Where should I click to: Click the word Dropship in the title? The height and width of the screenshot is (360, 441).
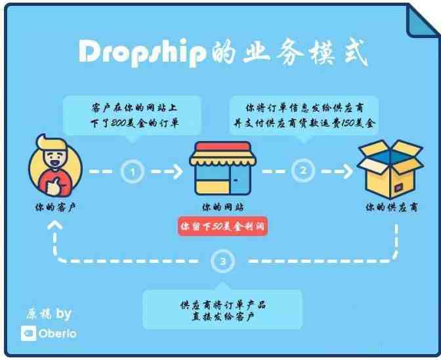(142, 52)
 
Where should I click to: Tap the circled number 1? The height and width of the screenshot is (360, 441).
(133, 171)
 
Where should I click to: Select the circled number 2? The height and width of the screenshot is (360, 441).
(303, 170)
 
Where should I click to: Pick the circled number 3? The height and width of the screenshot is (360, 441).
(222, 262)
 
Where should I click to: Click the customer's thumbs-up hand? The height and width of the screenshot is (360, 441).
(54, 187)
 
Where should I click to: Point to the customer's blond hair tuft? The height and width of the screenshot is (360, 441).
(51, 142)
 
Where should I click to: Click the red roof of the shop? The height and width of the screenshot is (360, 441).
(222, 146)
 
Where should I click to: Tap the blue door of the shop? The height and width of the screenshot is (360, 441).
(240, 180)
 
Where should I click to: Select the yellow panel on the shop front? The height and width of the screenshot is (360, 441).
(213, 188)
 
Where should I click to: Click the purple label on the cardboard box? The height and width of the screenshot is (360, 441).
(400, 187)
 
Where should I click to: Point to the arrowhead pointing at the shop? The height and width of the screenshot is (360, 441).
(178, 171)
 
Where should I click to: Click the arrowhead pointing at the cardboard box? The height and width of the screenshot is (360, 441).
(348, 171)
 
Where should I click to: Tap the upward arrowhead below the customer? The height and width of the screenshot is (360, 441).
(55, 225)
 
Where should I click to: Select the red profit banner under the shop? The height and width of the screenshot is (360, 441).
(222, 226)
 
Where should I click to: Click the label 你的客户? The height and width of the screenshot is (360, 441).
(55, 207)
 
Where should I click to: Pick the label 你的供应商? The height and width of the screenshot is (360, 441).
(392, 207)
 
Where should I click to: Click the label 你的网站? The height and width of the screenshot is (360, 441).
(222, 207)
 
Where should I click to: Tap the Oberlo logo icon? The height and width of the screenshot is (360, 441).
(29, 333)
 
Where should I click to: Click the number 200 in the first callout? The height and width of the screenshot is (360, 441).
(118, 123)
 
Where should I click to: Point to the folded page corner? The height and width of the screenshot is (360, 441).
(422, 22)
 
